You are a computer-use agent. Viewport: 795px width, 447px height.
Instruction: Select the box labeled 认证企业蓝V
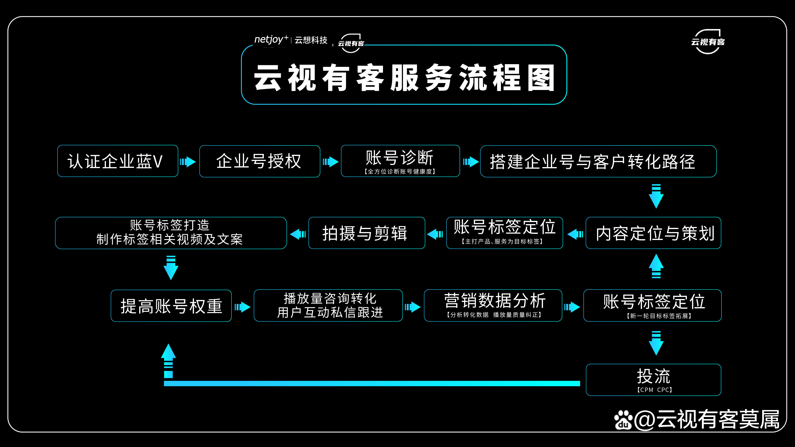118,161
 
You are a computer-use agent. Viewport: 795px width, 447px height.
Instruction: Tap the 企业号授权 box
260,161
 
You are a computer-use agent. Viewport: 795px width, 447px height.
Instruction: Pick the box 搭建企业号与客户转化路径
598,161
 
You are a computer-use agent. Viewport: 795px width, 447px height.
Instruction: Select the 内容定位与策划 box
653,233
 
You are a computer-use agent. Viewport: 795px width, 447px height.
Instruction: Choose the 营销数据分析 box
493,305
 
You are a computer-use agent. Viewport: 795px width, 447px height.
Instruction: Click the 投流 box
653,379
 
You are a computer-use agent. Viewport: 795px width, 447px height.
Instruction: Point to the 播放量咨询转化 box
328,305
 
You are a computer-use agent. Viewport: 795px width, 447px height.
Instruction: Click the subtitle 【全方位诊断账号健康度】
400,171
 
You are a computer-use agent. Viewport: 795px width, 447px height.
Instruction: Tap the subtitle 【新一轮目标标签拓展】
659,316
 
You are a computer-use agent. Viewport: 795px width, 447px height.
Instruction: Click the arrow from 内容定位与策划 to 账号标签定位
575,234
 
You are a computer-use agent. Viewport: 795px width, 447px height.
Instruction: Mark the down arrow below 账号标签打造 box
171,267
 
